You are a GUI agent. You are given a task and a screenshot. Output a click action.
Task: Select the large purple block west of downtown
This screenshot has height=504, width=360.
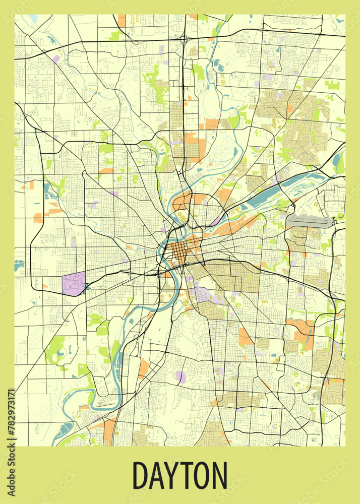pyautogui.click(x=74, y=284)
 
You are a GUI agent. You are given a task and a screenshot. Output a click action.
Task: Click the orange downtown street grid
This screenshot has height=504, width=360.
pyautogui.click(x=181, y=250)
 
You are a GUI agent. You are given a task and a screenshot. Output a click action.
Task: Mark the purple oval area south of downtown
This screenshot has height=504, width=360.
pyautogui.click(x=181, y=376)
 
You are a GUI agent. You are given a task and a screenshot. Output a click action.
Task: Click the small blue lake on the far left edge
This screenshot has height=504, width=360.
pyautogui.click(x=19, y=264)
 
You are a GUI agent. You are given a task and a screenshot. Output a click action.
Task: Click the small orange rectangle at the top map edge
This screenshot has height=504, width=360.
pyautogui.click(x=122, y=20)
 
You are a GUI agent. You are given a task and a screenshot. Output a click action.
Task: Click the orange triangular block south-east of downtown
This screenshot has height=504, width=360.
pyautogui.click(x=245, y=337)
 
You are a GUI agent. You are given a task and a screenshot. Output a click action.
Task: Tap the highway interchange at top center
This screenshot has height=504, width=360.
pyautogui.click(x=185, y=37)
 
